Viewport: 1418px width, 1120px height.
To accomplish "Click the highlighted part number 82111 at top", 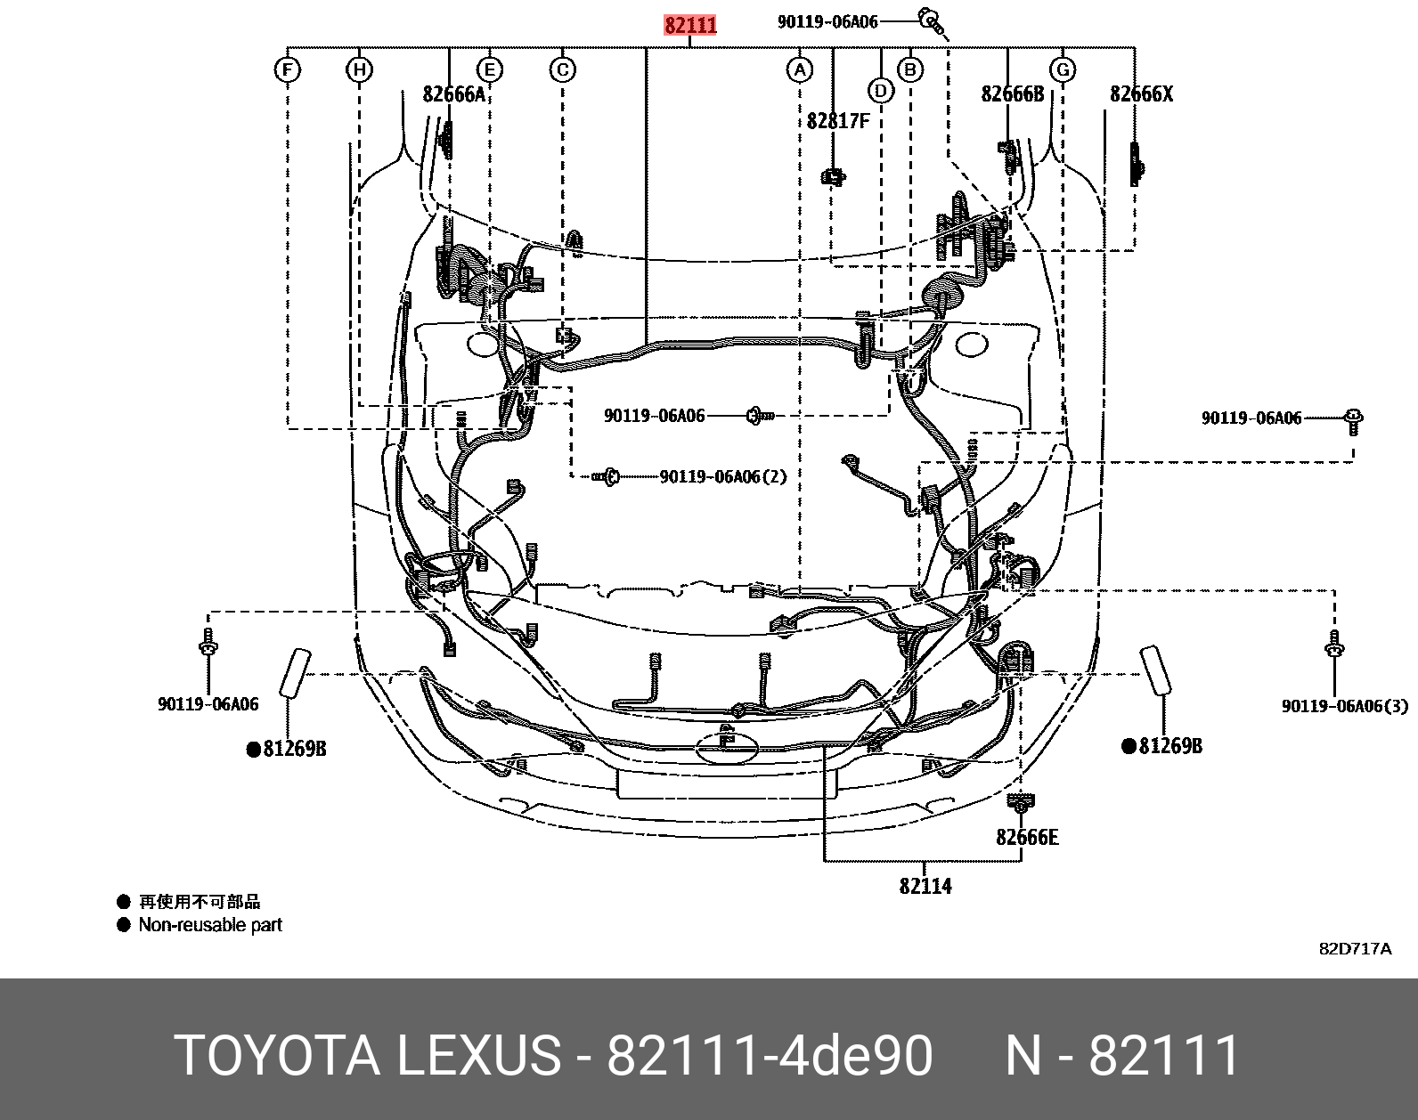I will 690,25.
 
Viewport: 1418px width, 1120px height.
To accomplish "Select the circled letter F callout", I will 287,69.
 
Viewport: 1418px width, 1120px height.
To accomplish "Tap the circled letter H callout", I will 359,69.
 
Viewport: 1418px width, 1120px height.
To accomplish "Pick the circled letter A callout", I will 800,69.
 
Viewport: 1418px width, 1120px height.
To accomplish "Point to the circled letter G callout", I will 1062,69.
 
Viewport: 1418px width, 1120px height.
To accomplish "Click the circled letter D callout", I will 880,90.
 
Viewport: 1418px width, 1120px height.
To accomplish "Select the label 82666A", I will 454,94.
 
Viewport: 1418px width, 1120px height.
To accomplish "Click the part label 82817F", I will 838,120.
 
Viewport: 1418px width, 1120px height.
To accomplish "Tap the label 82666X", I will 1141,94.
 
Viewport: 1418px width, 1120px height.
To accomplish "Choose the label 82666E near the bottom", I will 1027,838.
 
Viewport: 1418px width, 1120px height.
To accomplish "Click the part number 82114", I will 925,886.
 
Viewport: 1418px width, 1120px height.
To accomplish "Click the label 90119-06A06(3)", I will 1345,706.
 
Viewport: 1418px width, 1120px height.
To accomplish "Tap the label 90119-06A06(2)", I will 723,477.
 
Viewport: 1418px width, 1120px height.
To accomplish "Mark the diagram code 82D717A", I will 1354,949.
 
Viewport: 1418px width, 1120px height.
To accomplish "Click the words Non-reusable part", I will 210,925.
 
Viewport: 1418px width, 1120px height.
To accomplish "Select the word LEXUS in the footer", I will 477,1057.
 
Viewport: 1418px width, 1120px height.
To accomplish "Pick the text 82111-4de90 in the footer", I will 770,1057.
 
